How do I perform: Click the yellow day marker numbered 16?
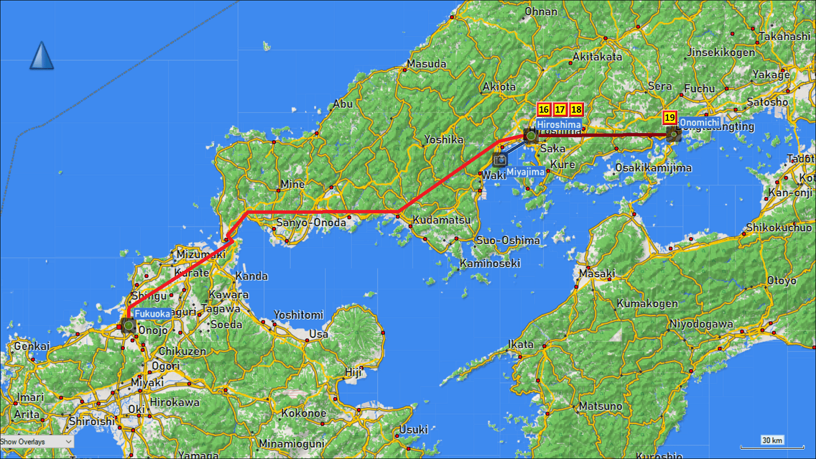click(544, 110)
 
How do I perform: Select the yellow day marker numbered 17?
click(560, 110)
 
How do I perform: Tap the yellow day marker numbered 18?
click(576, 110)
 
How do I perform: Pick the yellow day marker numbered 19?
click(670, 118)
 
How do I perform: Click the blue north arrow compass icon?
click(41, 56)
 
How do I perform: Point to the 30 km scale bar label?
click(772, 440)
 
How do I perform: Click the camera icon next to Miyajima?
click(500, 160)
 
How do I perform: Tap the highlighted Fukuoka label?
click(152, 314)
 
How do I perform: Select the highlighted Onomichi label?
click(699, 122)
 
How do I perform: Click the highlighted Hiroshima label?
click(558, 124)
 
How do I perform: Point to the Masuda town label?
click(426, 64)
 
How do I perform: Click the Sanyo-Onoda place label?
click(311, 222)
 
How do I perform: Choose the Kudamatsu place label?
click(442, 220)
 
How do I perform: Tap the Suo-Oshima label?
click(508, 240)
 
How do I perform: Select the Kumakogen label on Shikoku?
click(647, 303)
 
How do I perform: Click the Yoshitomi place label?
click(298, 315)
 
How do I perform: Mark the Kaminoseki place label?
click(490, 263)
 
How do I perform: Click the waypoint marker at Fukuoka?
click(128, 325)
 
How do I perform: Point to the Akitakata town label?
click(597, 57)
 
